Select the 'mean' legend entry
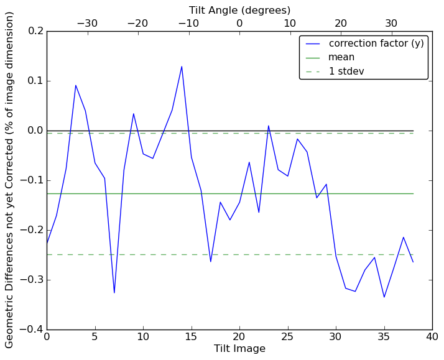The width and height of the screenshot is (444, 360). pos(341,57)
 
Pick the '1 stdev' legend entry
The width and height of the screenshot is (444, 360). pos(346,72)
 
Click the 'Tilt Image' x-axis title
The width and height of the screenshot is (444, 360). pos(239,349)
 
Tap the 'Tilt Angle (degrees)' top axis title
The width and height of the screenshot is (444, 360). pos(239,10)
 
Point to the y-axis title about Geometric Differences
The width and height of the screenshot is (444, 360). pos(9,180)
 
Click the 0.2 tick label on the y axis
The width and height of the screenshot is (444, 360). pos(36,31)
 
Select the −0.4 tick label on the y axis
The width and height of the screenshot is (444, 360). pos(34,330)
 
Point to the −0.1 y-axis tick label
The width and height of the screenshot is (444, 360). pos(34,180)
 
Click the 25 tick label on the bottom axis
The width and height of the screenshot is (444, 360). pos(287,337)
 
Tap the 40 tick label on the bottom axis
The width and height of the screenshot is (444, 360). pos(432,337)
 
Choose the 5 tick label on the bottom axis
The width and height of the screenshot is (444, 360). pos(95,337)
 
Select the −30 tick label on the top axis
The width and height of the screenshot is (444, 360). pos(86,24)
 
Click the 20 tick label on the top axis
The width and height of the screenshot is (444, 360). pos(341,24)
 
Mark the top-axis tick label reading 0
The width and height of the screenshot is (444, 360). pos(239,24)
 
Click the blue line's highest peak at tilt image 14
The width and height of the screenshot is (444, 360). pos(182,67)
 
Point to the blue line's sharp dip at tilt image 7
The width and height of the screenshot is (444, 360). pos(114,293)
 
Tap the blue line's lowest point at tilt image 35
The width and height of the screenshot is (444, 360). pos(384,297)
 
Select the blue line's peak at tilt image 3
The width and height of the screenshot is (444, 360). pos(75,85)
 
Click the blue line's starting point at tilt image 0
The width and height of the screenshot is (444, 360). pos(47,244)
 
